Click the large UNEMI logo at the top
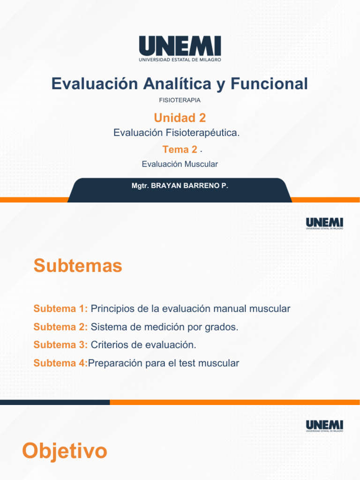[x=180, y=49]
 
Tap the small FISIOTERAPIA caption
[x=180, y=100]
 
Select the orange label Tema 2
[x=180, y=150]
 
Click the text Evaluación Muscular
[x=180, y=164]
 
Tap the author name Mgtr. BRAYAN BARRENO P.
[x=180, y=186]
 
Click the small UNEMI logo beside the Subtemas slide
[x=324, y=224]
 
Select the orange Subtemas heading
[x=78, y=266]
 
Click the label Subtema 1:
[x=60, y=309]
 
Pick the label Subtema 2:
[x=60, y=327]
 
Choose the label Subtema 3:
[x=60, y=345]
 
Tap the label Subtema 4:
[x=60, y=363]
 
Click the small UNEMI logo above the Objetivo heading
[x=324, y=426]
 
